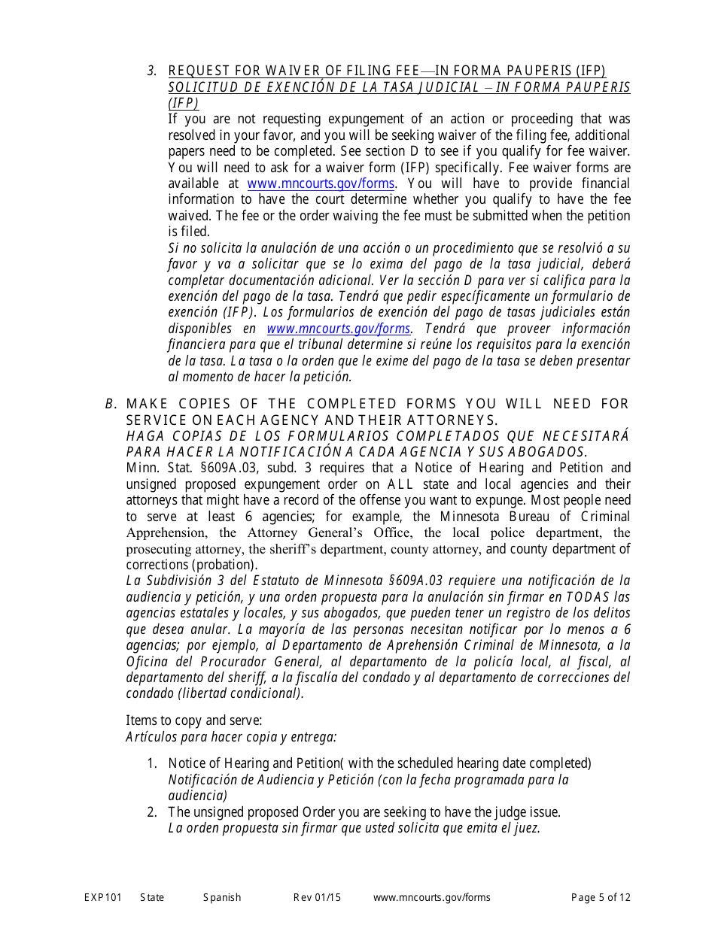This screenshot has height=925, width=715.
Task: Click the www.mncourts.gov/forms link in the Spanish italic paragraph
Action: pyautogui.click(x=339, y=329)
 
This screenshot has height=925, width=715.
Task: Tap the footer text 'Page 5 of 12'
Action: pyautogui.click(x=601, y=897)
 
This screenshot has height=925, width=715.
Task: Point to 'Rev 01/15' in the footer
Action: pyautogui.click(x=317, y=897)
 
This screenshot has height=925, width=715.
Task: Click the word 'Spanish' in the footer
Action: pyautogui.click(x=222, y=897)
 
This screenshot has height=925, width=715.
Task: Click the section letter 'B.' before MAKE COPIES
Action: pyautogui.click(x=111, y=405)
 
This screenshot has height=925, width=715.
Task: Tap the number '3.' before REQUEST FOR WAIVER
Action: pyautogui.click(x=152, y=71)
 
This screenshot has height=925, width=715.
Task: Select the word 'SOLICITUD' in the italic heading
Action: pyautogui.click(x=202, y=87)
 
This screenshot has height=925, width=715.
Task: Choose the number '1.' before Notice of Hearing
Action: pyautogui.click(x=152, y=763)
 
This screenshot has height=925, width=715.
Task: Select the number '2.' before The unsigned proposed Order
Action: pyautogui.click(x=152, y=812)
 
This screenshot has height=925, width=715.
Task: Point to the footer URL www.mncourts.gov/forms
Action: pyautogui.click(x=431, y=897)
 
